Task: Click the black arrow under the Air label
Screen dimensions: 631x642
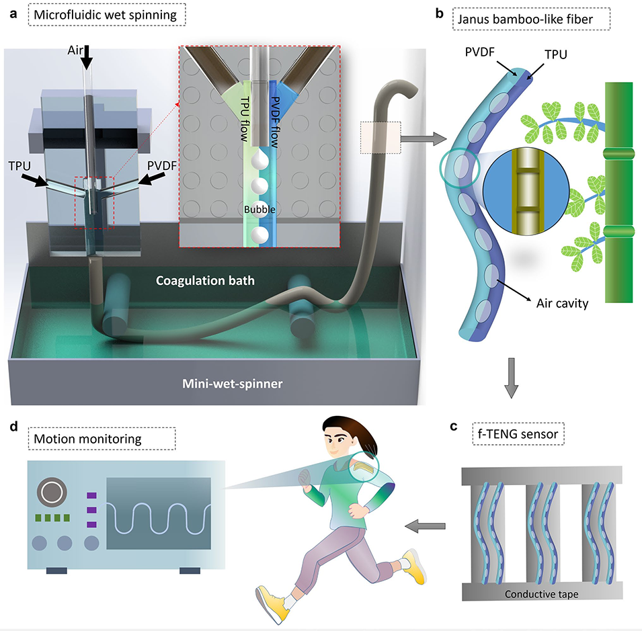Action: click(87, 59)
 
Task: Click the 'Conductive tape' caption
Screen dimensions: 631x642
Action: click(540, 593)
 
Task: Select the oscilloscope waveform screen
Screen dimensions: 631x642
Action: click(159, 513)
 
